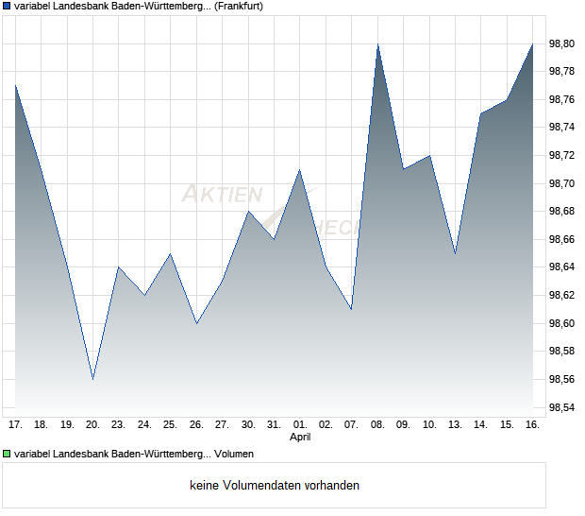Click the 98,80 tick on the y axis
pos(562,43)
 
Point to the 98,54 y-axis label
pos(562,407)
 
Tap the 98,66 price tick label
pos(562,239)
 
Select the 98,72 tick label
pos(562,155)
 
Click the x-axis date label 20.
pos(92,424)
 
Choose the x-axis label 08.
pos(377,424)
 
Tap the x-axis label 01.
pos(300,424)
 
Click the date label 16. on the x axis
pos(532,424)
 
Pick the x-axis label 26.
pos(196,424)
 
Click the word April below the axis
pos(300,438)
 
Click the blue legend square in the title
pos(6,6)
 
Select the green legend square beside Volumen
pos(6,455)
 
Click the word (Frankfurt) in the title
pos(234,6)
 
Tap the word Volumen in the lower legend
pos(235,455)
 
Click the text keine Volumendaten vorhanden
pos(274,486)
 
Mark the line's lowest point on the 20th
pos(92,379)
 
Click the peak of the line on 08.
pos(377,43)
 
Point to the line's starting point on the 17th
pos(15,85)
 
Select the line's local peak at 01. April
pos(300,169)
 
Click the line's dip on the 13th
pos(455,253)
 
